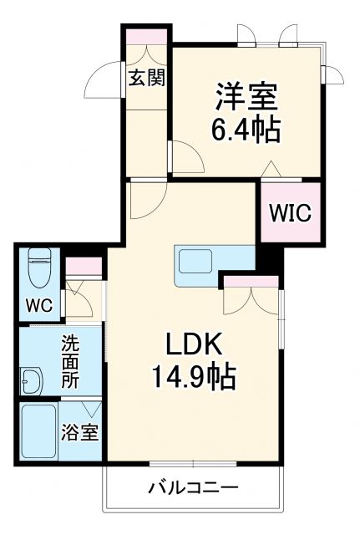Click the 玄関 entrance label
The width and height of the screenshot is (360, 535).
pyautogui.click(x=146, y=78)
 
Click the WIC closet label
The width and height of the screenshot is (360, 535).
pyautogui.click(x=290, y=212)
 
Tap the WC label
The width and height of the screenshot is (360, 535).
pyautogui.click(x=38, y=306)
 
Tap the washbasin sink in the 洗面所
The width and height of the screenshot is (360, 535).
pyautogui.click(x=32, y=381)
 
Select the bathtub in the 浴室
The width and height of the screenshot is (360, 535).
pyautogui.click(x=40, y=431)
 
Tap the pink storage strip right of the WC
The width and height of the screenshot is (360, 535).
pyautogui.click(x=84, y=267)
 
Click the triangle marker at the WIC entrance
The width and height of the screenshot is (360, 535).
pyautogui.click(x=270, y=170)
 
